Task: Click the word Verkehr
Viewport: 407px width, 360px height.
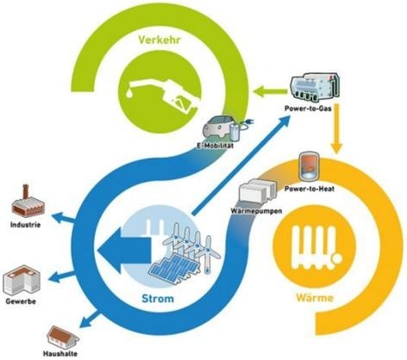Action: [x=160, y=40]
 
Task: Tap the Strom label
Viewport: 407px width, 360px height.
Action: [x=158, y=299]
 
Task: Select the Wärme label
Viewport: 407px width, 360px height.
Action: [x=315, y=298]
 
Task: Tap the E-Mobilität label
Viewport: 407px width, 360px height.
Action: [x=215, y=146]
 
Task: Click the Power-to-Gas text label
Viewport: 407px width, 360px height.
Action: [x=308, y=109]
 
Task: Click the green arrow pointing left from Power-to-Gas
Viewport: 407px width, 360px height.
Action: [x=270, y=91]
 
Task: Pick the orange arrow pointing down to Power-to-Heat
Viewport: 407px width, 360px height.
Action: [x=336, y=128]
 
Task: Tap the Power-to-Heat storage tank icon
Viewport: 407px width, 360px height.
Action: [x=309, y=167]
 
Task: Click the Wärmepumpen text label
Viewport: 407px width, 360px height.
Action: [x=256, y=211]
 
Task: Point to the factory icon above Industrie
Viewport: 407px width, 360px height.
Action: [x=28, y=202]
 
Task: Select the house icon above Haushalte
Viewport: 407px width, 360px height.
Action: [x=63, y=337]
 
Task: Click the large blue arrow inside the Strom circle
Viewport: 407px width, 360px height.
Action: [x=124, y=250]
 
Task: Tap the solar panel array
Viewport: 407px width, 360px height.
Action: [x=174, y=268]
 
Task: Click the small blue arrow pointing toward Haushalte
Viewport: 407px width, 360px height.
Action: [x=90, y=320]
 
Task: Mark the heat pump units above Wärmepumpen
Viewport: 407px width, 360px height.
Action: [x=257, y=190]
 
